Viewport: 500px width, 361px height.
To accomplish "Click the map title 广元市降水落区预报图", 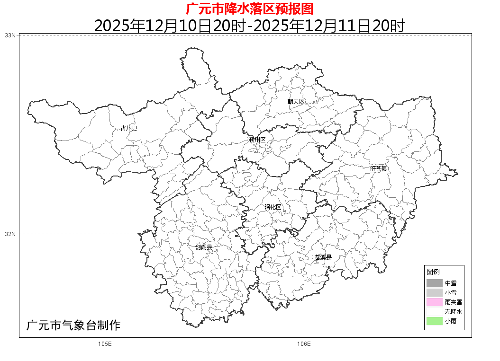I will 250,9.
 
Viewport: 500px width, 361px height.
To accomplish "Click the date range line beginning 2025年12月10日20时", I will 250,25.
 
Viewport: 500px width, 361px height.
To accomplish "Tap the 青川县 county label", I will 128,128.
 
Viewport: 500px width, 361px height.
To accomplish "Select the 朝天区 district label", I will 296,102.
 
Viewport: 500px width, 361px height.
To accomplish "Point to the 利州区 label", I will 257,140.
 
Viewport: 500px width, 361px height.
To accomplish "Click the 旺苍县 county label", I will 379,168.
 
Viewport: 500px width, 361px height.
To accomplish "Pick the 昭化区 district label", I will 273,207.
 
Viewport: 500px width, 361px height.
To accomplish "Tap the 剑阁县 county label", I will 204,247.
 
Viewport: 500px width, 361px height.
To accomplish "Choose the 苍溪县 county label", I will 323,257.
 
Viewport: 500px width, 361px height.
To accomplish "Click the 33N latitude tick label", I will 10,35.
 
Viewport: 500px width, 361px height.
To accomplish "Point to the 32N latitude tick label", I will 10,234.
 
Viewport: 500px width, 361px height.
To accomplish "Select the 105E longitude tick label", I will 105,343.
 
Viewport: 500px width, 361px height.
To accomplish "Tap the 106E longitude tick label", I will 304,343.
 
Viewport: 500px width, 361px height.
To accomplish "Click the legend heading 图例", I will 433,272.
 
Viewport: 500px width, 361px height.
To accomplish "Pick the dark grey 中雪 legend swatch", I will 434,283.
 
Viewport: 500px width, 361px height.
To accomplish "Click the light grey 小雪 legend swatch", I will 434,293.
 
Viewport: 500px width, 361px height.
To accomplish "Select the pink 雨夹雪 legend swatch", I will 434,302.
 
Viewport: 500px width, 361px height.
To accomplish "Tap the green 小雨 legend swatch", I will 434,321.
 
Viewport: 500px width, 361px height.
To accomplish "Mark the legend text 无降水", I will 453,312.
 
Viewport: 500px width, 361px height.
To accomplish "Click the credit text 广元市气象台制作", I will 73,326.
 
